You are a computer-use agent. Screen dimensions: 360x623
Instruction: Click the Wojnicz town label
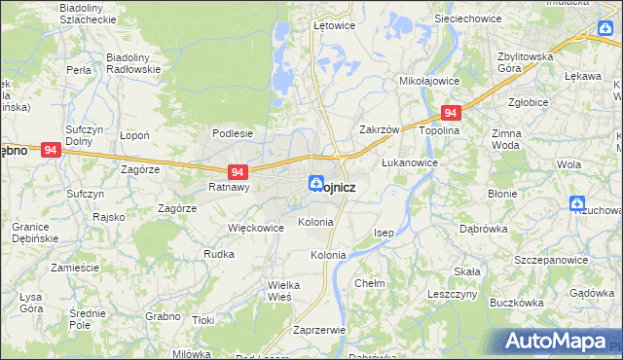(335, 188)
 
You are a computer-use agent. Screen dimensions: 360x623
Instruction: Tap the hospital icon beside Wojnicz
(316, 183)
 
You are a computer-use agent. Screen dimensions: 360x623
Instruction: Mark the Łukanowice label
(409, 162)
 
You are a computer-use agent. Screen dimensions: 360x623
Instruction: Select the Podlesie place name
(233, 133)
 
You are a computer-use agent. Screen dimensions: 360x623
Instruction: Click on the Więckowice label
(255, 228)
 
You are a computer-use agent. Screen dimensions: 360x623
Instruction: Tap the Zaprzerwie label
(319, 330)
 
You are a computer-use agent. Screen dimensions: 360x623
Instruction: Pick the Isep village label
(385, 234)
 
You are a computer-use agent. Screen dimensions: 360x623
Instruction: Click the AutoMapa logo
(555, 341)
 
